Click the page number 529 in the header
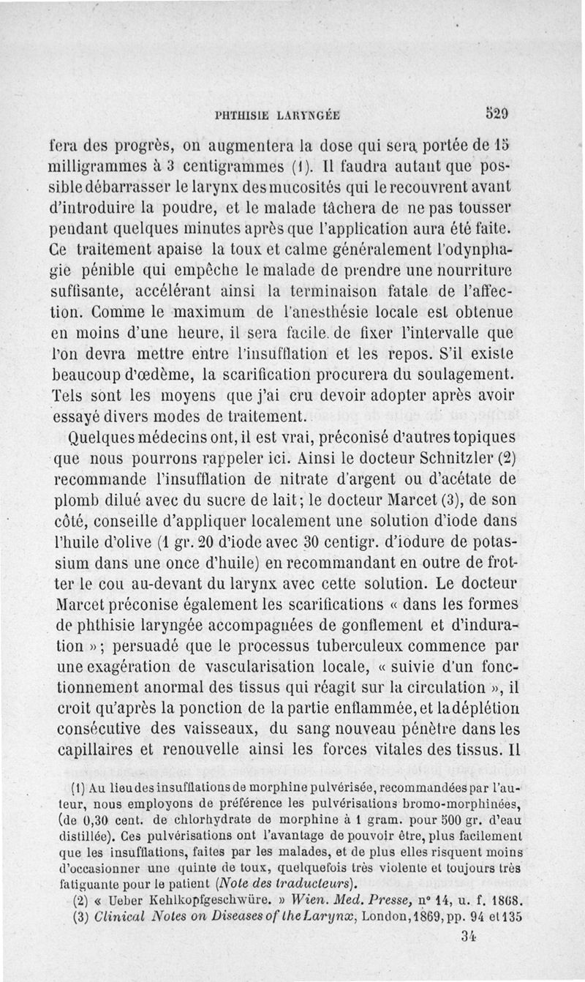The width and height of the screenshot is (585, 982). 496,113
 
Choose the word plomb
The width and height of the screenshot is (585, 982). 77,501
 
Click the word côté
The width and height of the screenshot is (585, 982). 72,522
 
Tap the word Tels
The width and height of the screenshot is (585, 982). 70,396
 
